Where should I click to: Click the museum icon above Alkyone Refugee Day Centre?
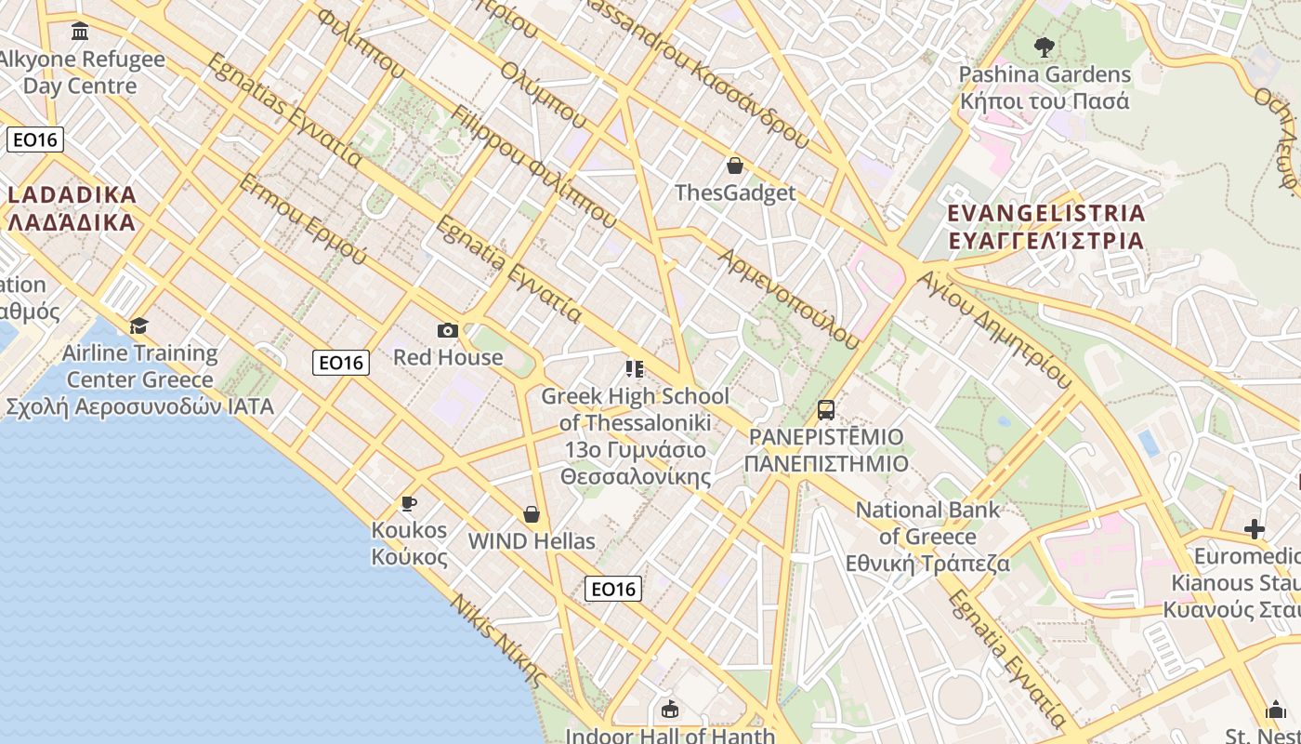point(80,33)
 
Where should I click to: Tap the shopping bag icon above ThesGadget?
point(735,166)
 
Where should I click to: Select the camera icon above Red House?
point(448,330)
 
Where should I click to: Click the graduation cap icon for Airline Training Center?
point(138,325)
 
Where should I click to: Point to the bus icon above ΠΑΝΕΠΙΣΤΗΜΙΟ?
point(826,409)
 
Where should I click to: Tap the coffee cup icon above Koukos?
point(408,503)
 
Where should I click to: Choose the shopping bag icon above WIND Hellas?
point(532,514)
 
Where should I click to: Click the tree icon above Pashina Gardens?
point(1045,46)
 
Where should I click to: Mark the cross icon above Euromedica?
point(1255,529)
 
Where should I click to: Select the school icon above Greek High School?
point(635,369)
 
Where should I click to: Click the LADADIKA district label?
point(72,208)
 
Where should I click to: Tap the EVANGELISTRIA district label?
point(1045,227)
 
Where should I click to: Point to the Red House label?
point(448,357)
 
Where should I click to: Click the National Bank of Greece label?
point(927,537)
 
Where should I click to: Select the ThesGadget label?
point(735,193)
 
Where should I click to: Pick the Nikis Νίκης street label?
point(495,637)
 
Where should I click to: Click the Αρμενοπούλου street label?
point(789,298)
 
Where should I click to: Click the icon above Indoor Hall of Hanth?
point(669,710)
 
